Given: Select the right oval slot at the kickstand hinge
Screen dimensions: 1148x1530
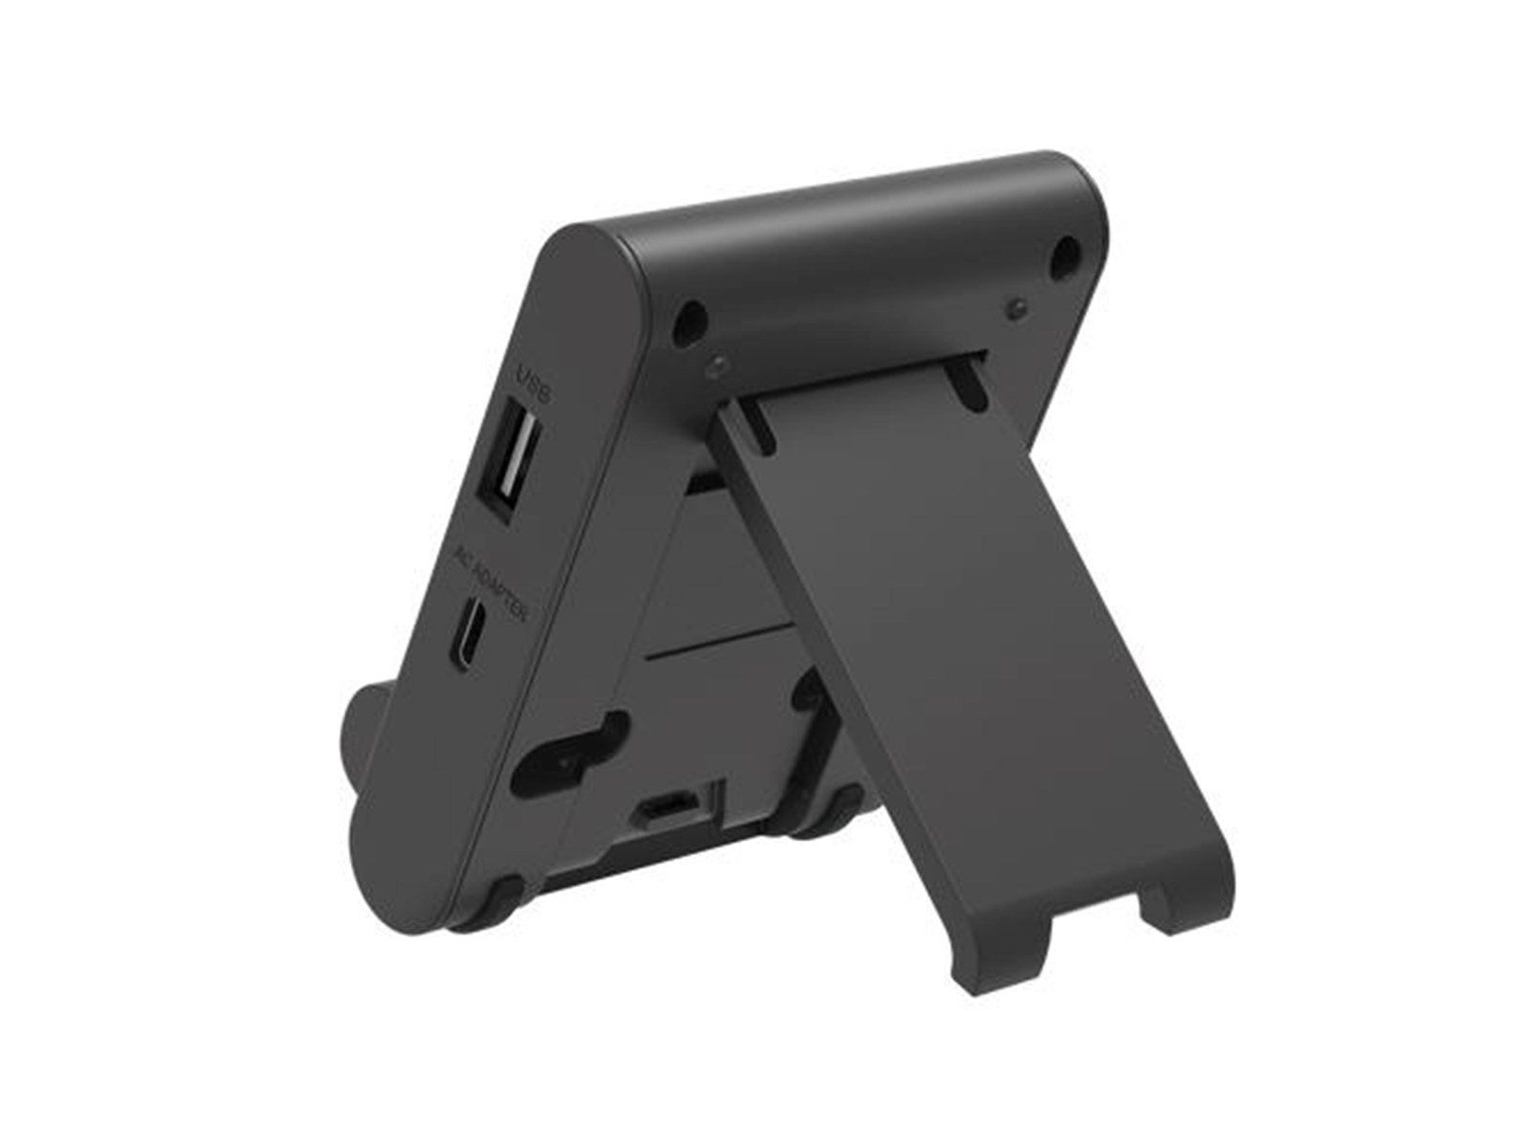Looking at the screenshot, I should click(x=968, y=383).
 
